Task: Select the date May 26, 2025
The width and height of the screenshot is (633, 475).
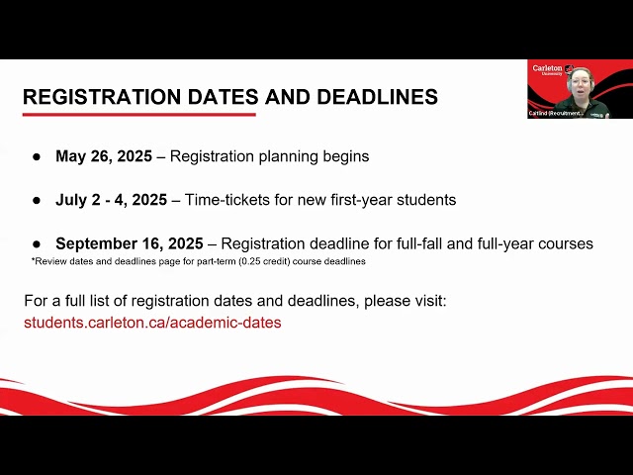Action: tap(104, 156)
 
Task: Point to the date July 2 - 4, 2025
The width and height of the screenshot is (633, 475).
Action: tap(111, 200)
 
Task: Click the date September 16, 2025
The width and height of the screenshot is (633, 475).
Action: tap(130, 243)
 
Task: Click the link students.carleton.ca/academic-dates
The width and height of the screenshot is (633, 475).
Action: tap(152, 323)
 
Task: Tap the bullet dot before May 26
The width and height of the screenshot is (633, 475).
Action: tap(37, 157)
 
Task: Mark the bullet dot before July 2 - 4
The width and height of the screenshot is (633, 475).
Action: tap(37, 201)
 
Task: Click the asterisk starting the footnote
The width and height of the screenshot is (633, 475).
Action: tap(34, 260)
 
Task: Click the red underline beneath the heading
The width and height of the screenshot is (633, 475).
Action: tap(138, 115)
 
